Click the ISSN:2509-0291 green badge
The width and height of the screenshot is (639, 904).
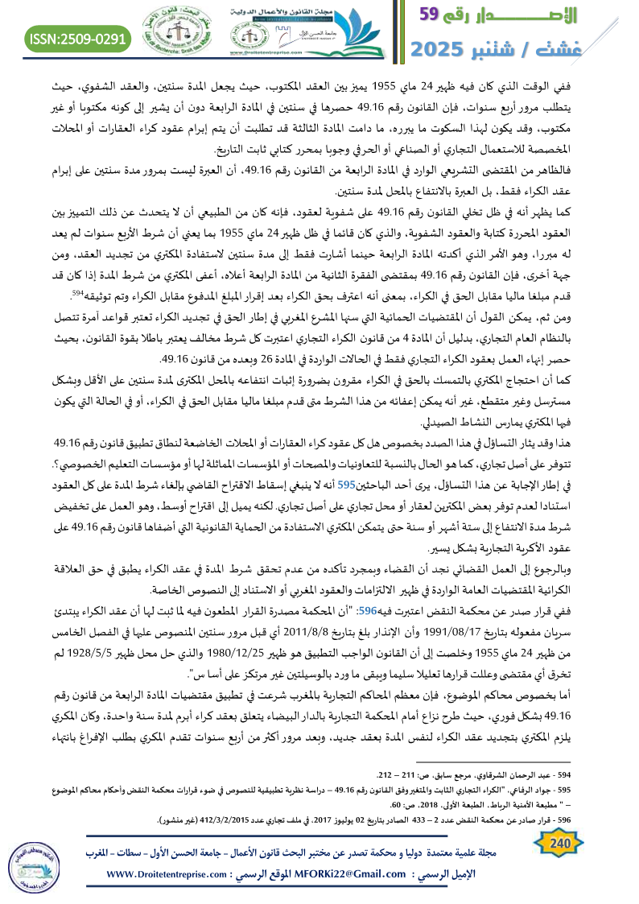tap(79, 37)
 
